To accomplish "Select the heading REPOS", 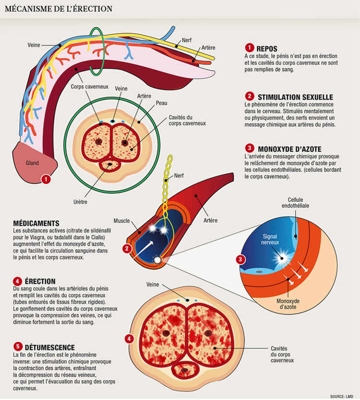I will tap(267, 48).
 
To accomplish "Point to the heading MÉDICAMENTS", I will tap(37, 224).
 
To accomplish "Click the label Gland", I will tap(32, 163).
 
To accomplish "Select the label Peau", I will tap(161, 103).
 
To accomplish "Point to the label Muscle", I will tap(121, 221).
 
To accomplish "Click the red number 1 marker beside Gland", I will tap(46, 180).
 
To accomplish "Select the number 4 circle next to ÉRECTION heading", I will tap(18, 281).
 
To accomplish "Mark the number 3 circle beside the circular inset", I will tap(241, 259).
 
